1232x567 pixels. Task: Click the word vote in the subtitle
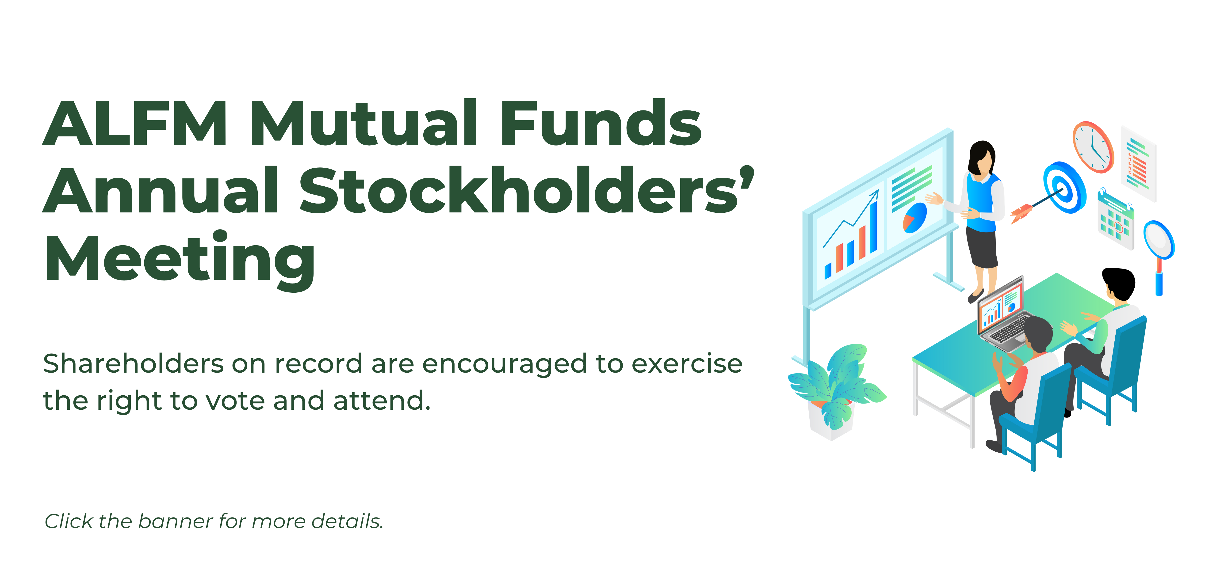point(235,401)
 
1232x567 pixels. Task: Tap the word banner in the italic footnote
point(176,521)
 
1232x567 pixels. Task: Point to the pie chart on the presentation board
point(915,218)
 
